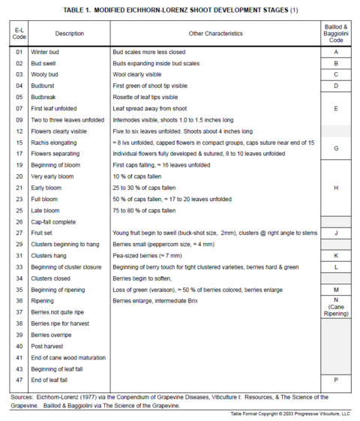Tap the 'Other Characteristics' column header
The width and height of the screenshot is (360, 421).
214,34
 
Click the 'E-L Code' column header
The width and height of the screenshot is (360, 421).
19,34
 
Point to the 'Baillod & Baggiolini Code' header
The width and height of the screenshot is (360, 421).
335,34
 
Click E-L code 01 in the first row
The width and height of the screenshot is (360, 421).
19,53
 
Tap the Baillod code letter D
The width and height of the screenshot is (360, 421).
335,86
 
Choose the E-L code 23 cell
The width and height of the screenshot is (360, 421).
19,199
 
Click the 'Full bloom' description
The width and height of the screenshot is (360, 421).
46,199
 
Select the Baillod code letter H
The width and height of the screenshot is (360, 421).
335,188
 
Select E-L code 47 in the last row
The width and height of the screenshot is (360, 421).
19,380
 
